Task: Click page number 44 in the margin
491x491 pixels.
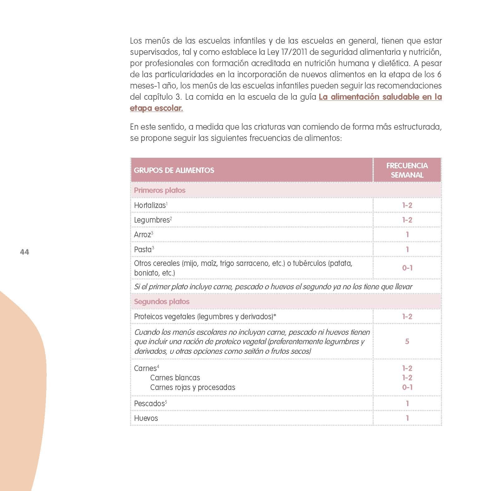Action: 24,252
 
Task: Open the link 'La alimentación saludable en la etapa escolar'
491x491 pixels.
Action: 380,97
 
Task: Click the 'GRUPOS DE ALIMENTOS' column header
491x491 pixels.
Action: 174,170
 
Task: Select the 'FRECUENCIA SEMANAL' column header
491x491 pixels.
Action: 407,170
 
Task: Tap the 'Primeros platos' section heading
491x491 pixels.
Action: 160,190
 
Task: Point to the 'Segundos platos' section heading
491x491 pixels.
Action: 161,301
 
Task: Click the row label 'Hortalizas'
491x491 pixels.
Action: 150,205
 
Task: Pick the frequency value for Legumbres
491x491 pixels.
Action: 407,220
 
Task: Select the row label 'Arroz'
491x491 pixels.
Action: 142,235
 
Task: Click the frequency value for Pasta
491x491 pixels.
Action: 407,249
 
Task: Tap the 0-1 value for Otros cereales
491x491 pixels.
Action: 407,268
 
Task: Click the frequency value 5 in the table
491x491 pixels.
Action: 407,341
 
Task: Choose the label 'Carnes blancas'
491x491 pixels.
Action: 175,378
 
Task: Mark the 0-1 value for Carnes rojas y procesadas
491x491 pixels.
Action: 407,387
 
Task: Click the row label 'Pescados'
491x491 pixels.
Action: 149,404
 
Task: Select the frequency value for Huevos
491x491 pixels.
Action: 407,418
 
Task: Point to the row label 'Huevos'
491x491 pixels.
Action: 146,418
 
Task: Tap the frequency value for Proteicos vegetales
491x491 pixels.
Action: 407,316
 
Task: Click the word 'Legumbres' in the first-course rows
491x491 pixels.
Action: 152,220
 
